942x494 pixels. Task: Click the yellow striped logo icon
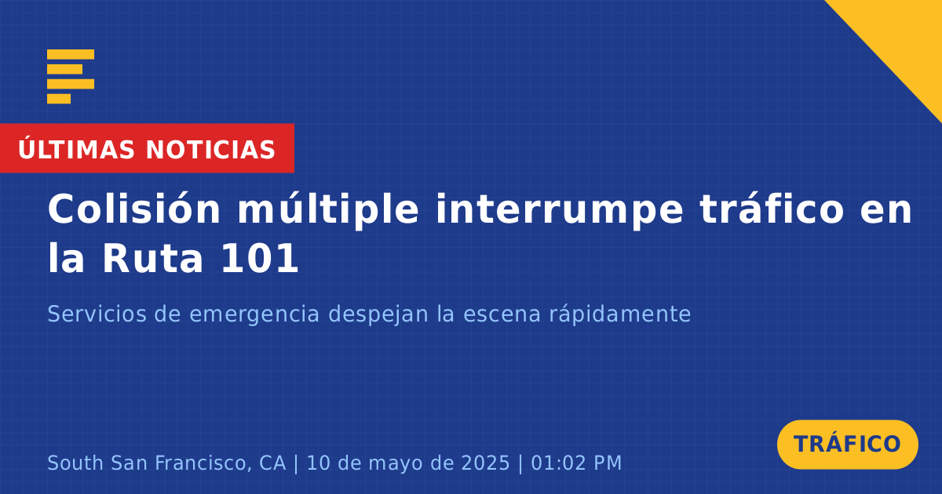pos(71,77)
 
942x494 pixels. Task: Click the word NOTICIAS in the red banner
pos(210,150)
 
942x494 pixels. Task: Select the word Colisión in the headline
pos(134,209)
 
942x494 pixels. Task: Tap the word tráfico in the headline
pos(772,209)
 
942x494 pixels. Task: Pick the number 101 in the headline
pos(260,259)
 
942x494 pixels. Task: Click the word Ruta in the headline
pos(153,259)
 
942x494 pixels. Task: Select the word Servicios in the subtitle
pos(97,314)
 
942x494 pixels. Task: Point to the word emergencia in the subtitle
pos(254,315)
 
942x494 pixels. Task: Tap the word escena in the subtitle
pos(502,314)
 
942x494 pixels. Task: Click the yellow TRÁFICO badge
pos(847,444)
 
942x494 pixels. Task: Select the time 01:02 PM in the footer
pos(576,463)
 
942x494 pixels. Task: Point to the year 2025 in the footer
pos(485,463)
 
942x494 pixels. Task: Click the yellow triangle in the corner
pos(908,34)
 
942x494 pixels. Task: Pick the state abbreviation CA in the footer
pos(272,463)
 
